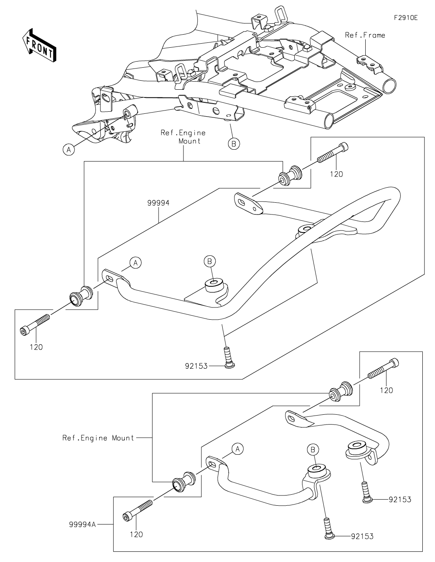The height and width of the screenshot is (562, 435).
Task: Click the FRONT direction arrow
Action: tap(39, 45)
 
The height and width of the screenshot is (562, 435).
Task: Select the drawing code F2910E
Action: tap(406, 18)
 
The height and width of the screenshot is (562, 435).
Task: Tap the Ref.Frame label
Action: tap(365, 35)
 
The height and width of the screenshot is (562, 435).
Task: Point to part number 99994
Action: tap(159, 202)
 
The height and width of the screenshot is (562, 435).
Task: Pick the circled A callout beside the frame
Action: tap(68, 150)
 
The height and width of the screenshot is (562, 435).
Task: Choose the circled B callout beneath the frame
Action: tap(234, 143)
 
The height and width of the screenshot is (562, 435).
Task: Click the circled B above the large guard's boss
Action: tap(210, 261)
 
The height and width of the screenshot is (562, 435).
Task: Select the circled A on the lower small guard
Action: tap(238, 449)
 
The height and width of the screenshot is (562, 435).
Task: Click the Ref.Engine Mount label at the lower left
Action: tap(98, 438)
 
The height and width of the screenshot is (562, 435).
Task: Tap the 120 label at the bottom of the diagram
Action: tap(136, 534)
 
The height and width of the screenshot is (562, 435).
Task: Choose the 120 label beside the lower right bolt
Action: tap(386, 390)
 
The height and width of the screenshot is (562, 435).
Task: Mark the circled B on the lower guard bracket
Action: tap(313, 449)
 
